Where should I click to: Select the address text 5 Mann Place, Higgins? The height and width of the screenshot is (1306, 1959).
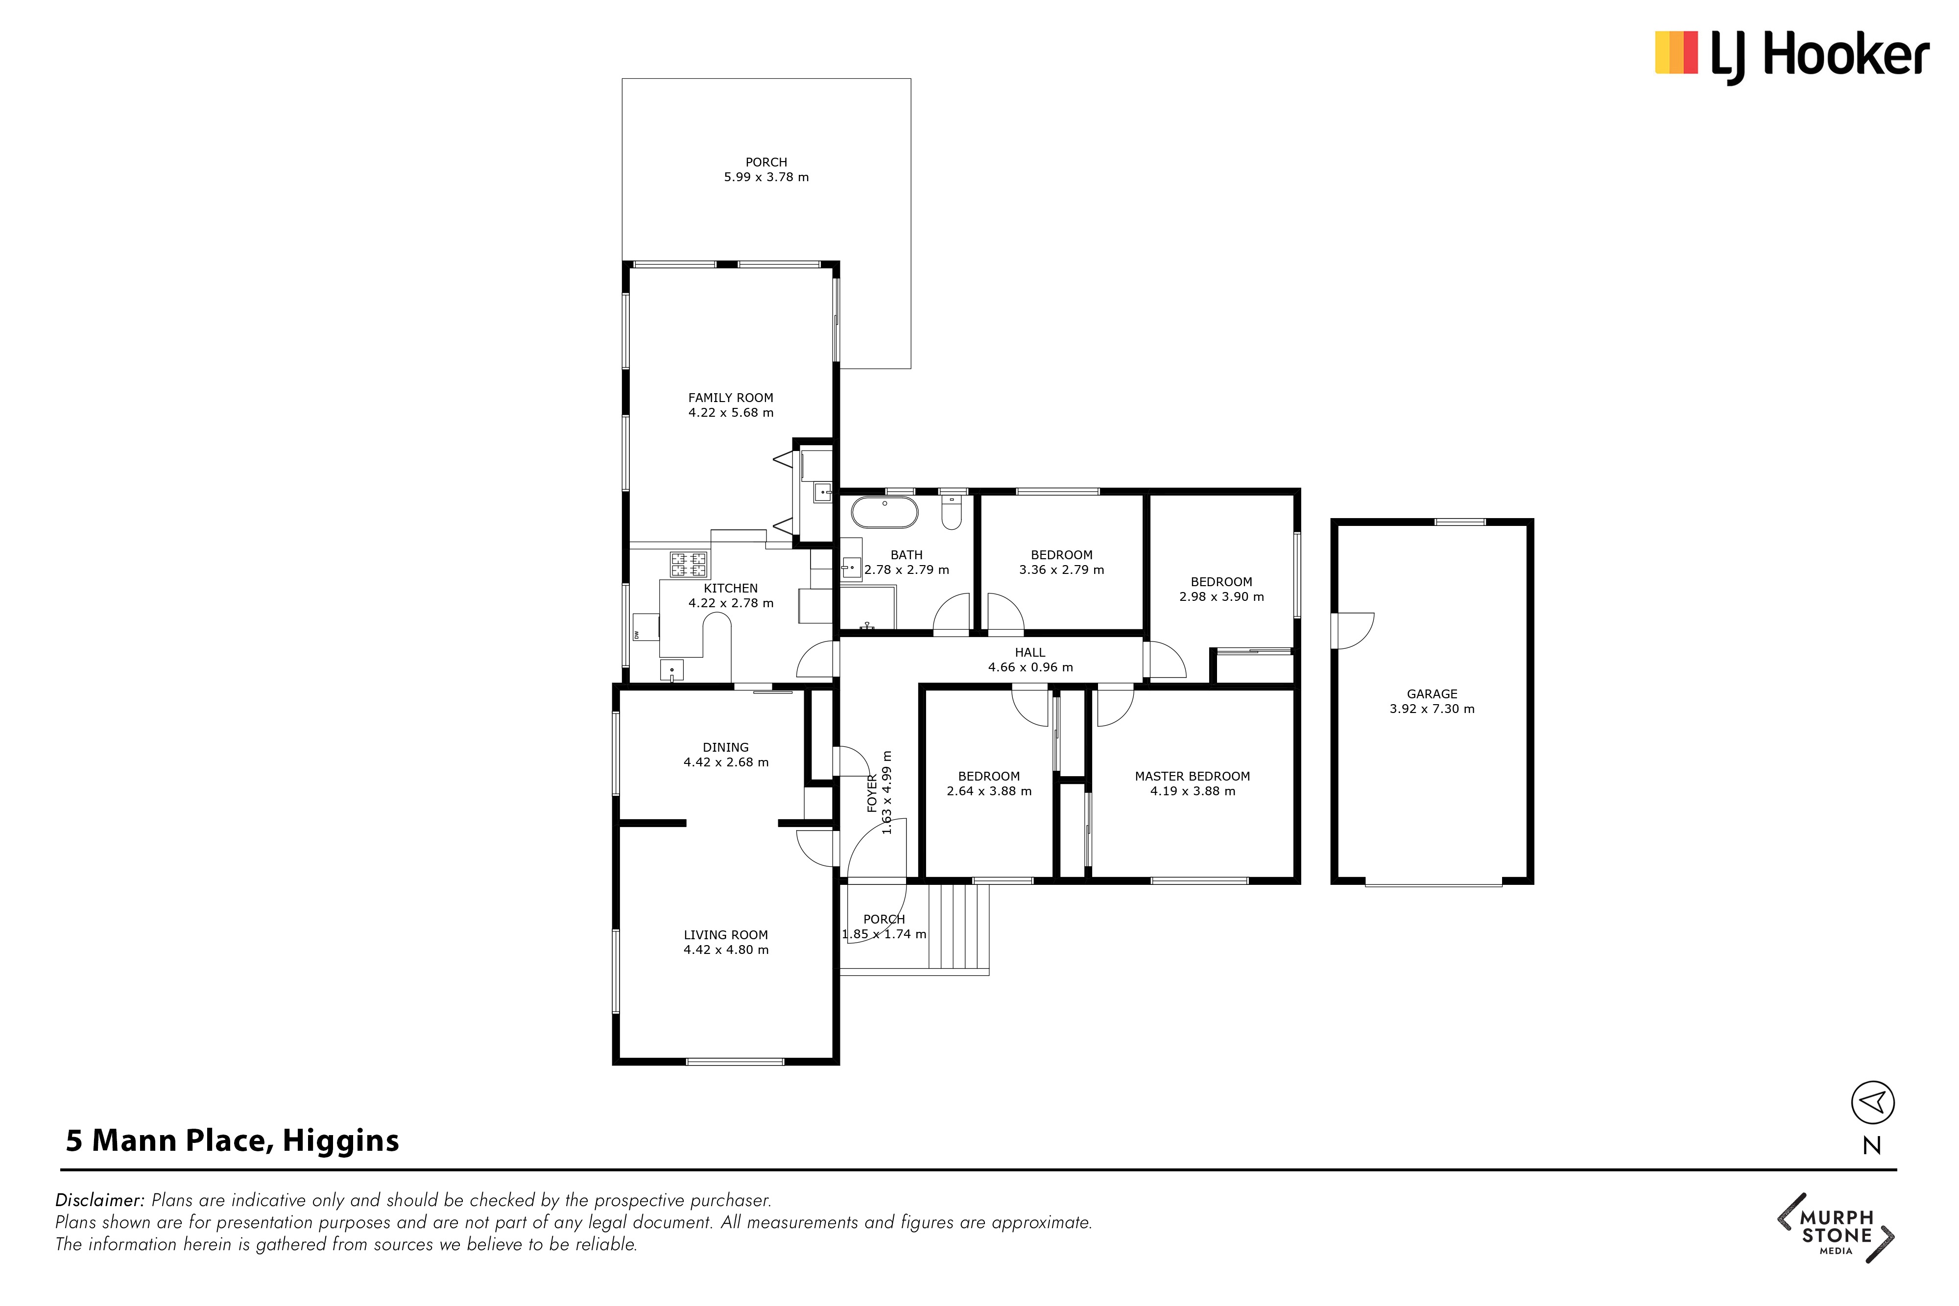pyautogui.click(x=232, y=1140)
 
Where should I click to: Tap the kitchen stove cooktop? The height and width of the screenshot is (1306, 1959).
pyautogui.click(x=689, y=565)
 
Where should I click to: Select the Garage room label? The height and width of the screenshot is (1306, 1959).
pyautogui.click(x=1432, y=694)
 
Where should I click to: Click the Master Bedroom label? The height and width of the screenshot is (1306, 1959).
pyautogui.click(x=1192, y=776)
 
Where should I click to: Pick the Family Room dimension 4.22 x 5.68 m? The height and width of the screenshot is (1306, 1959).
pyautogui.click(x=730, y=412)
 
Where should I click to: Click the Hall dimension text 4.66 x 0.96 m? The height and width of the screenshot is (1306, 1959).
pyautogui.click(x=1030, y=667)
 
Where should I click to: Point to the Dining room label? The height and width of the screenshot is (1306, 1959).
pyautogui.click(x=725, y=748)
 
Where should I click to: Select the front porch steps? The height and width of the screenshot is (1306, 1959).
pyautogui.click(x=958, y=926)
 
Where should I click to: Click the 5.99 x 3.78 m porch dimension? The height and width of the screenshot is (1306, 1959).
pyautogui.click(x=766, y=177)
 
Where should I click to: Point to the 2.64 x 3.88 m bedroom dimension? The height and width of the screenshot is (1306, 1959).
pyautogui.click(x=989, y=791)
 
